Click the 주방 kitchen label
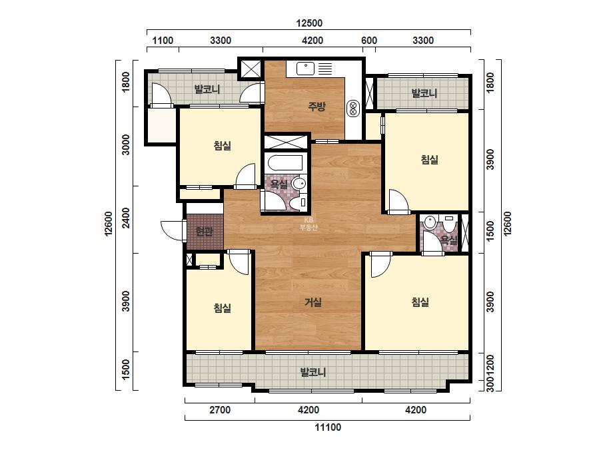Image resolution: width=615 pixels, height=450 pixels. pyautogui.click(x=316, y=106)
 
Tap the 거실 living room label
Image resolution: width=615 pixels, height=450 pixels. pyautogui.click(x=313, y=302)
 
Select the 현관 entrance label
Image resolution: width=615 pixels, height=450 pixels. pyautogui.click(x=205, y=232)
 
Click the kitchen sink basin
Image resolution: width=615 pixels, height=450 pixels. pyautogui.click(x=305, y=69)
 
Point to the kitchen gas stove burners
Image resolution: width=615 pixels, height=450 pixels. pyautogui.click(x=352, y=109)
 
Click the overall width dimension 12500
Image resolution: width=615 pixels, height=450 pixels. pyautogui.click(x=309, y=23)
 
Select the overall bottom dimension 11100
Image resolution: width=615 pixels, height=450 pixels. pyautogui.click(x=328, y=427)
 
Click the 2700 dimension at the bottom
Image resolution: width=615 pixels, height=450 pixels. pyautogui.click(x=220, y=410)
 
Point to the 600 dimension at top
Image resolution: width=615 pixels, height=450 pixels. pyautogui.click(x=368, y=41)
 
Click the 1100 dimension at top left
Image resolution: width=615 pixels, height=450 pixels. pyautogui.click(x=163, y=41)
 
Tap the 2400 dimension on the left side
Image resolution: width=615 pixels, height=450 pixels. pyautogui.click(x=125, y=218)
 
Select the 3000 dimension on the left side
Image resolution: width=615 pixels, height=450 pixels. pyautogui.click(x=125, y=144)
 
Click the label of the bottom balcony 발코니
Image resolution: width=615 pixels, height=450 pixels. pyautogui.click(x=313, y=371)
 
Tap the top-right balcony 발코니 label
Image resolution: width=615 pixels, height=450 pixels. pyautogui.click(x=424, y=93)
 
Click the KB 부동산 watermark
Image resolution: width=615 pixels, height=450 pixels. pyautogui.click(x=308, y=224)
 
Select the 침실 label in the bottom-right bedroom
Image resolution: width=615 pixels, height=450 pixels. pyautogui.click(x=420, y=302)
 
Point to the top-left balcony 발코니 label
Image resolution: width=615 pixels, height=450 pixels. pyautogui.click(x=207, y=89)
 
